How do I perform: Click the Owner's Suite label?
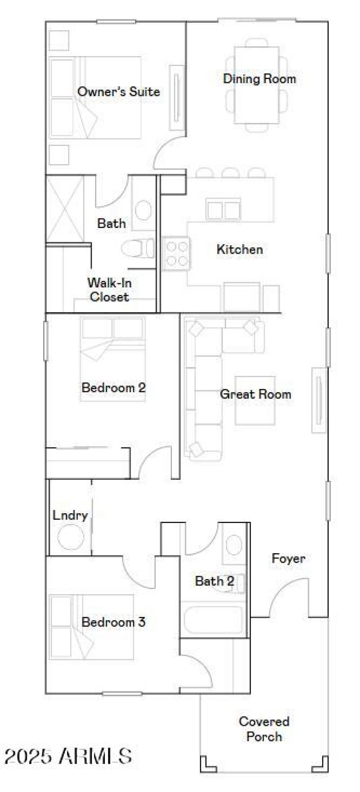click(x=118, y=92)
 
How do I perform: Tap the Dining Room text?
click(x=260, y=79)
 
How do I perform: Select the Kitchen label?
click(x=239, y=249)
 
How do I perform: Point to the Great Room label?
click(x=255, y=394)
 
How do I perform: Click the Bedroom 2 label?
click(x=113, y=388)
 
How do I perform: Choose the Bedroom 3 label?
click(x=113, y=622)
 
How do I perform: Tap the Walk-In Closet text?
click(x=109, y=290)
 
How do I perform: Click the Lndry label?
click(x=70, y=515)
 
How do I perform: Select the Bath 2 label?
click(x=214, y=581)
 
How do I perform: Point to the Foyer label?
click(x=288, y=559)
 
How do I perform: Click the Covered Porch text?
click(x=264, y=729)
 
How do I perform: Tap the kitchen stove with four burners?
click(x=176, y=254)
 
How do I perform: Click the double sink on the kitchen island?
click(x=223, y=210)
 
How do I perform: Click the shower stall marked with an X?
click(x=65, y=209)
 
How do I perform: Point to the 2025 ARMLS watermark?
click(x=67, y=756)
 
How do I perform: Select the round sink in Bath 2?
click(x=234, y=545)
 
